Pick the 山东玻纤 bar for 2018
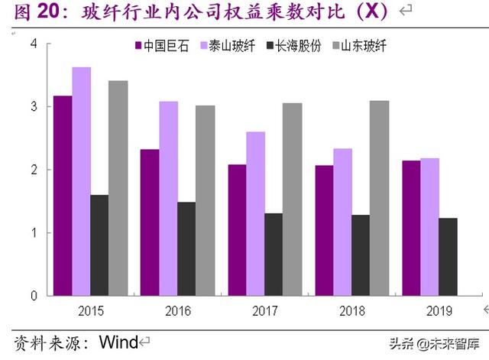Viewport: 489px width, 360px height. (x=379, y=198)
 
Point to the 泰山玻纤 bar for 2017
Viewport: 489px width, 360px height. (x=256, y=213)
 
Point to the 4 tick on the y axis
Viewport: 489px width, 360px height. (x=33, y=44)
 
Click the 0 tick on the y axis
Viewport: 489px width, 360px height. (x=33, y=295)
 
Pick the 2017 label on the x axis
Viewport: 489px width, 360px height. (x=264, y=311)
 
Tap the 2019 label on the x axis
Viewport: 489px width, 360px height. (x=439, y=311)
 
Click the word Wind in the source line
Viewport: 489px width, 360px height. (x=119, y=341)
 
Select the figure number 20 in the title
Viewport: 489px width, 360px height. (x=47, y=11)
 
